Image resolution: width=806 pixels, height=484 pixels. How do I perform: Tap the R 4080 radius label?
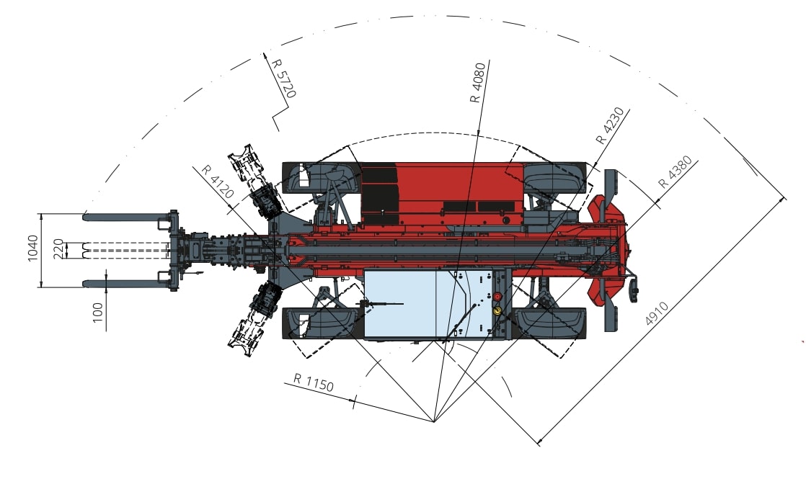tap(478, 82)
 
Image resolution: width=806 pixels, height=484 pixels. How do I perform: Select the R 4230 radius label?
tap(610, 125)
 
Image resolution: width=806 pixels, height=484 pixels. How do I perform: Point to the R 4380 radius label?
tap(675, 172)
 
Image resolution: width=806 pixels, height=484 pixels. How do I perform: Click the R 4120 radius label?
tap(218, 181)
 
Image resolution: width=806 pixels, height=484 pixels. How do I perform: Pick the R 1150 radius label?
tap(314, 382)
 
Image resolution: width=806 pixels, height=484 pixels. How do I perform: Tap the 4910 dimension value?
tap(657, 313)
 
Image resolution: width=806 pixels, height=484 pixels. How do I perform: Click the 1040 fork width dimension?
tap(33, 248)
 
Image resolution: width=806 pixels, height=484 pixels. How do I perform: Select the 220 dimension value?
tap(58, 248)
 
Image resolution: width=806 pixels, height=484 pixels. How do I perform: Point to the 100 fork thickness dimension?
tap(97, 313)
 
